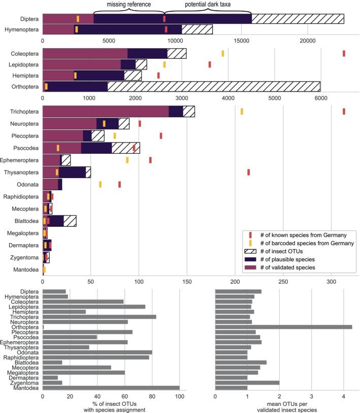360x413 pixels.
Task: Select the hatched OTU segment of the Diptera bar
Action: point(298,19)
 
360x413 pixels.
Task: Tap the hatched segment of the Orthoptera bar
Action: point(213,86)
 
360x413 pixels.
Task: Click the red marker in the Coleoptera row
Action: point(344,53)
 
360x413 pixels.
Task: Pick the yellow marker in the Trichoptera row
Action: point(242,111)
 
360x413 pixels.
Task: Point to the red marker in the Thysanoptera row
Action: point(249,172)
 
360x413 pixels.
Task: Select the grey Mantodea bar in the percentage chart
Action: point(111,388)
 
